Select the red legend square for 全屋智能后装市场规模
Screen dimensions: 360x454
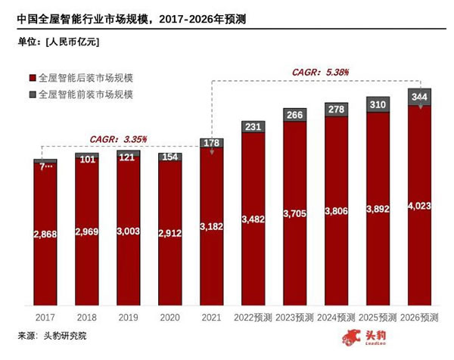point(32,79)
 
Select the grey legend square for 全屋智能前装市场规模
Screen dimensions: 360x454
point(32,95)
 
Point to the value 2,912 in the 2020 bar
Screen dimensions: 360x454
point(169,234)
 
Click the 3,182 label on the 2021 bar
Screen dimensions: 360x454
point(211,225)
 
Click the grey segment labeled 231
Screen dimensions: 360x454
point(253,126)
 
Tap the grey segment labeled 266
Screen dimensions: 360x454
point(294,115)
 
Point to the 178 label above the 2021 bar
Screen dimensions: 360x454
point(211,144)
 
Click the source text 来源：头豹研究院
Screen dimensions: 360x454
point(52,335)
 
